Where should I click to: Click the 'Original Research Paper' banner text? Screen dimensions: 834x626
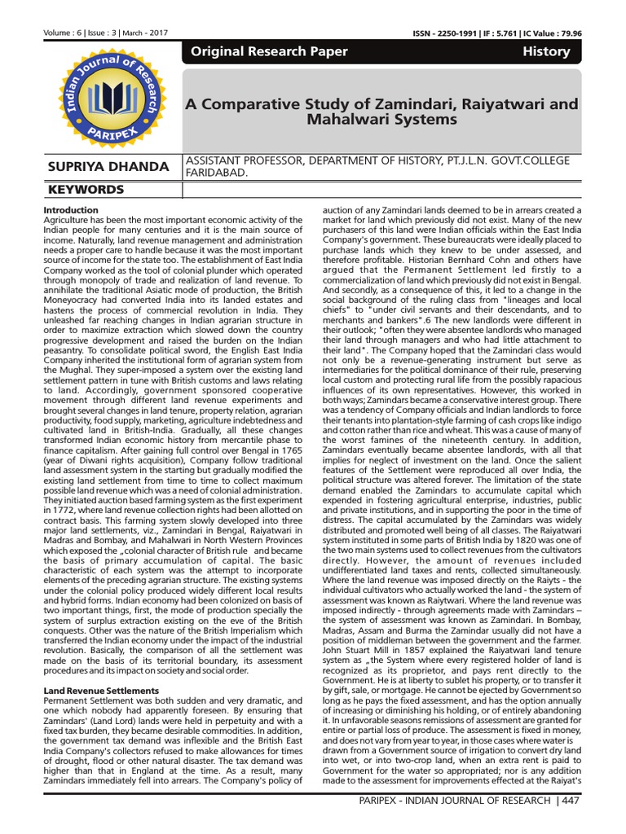click(269, 51)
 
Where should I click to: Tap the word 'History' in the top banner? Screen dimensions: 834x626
click(546, 51)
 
